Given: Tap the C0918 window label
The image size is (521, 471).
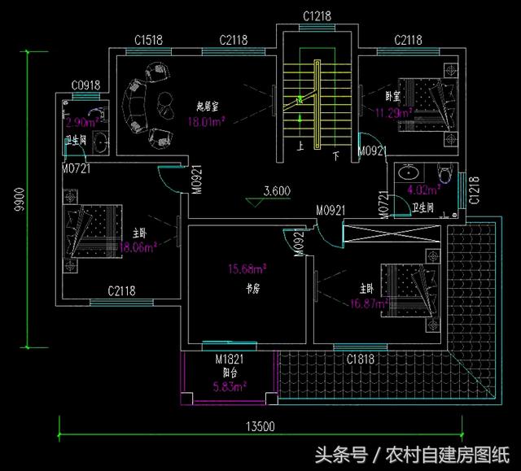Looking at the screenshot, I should point(85,85).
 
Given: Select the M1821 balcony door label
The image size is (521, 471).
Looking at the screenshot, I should point(230,359).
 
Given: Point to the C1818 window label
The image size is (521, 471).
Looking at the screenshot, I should point(360,358).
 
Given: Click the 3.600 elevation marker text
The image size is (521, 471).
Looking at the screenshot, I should point(277,192).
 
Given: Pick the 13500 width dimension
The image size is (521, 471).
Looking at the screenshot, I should point(260,426).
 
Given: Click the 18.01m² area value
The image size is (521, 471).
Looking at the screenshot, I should point(206,122).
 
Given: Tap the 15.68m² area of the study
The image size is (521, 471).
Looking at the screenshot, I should point(247,268).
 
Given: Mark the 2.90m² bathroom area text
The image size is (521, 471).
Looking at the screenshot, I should point(81,123).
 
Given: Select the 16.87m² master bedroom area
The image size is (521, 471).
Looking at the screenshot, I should point(368,303).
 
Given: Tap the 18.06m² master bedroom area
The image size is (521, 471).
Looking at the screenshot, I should point(137,247).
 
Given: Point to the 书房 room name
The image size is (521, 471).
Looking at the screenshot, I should point(253,289).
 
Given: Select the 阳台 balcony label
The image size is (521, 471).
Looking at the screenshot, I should point(230,372).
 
